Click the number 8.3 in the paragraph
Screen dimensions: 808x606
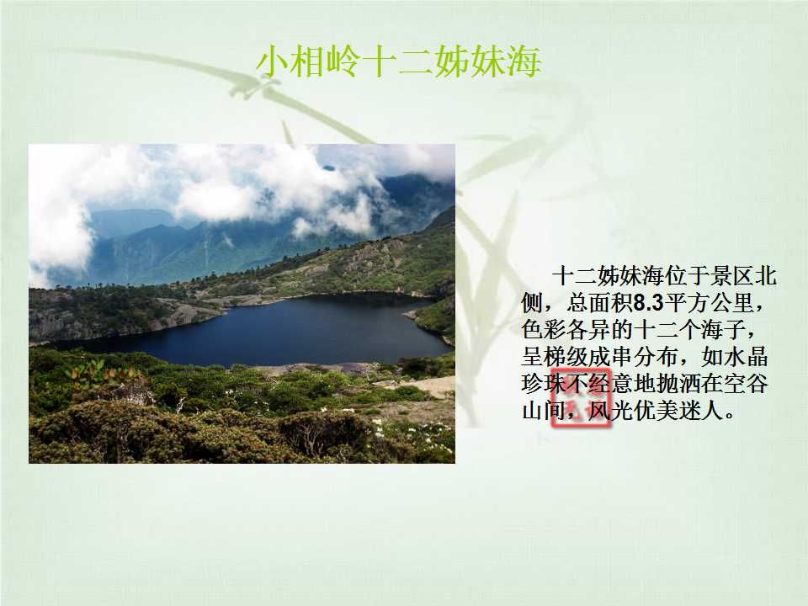tap(648, 303)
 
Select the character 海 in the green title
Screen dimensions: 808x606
tap(523, 61)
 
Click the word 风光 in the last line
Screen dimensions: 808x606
tap(611, 411)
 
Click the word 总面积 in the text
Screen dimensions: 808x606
tap(600, 303)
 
